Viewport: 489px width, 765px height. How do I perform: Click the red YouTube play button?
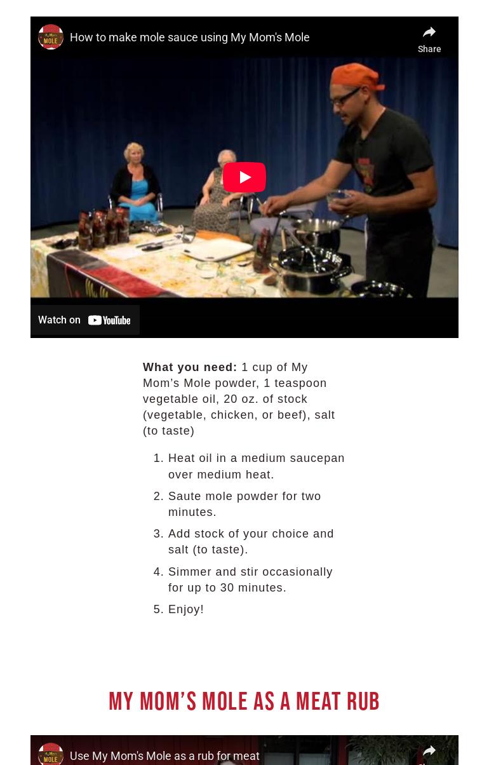coord(244,177)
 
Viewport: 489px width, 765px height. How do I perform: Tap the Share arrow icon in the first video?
coord(429,32)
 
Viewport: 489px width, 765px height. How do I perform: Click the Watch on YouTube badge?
coord(84,320)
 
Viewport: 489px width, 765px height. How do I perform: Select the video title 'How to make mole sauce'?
coord(189,37)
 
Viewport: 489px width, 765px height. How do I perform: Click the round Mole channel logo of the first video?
coord(51,37)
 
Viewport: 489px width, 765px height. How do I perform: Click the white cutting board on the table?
coord(218,249)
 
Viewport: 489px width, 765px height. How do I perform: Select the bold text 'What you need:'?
coord(190,367)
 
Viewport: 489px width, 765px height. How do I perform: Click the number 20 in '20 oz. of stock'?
coord(230,399)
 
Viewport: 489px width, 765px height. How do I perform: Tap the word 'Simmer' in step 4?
coord(189,572)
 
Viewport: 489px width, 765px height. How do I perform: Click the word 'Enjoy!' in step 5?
coord(185,609)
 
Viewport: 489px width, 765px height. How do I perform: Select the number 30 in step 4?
coord(227,588)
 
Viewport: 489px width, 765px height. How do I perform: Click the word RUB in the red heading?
coord(363,701)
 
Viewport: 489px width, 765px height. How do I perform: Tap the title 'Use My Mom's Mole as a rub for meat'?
coord(164,755)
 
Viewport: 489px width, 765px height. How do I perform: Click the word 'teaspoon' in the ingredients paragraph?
coord(300,383)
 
